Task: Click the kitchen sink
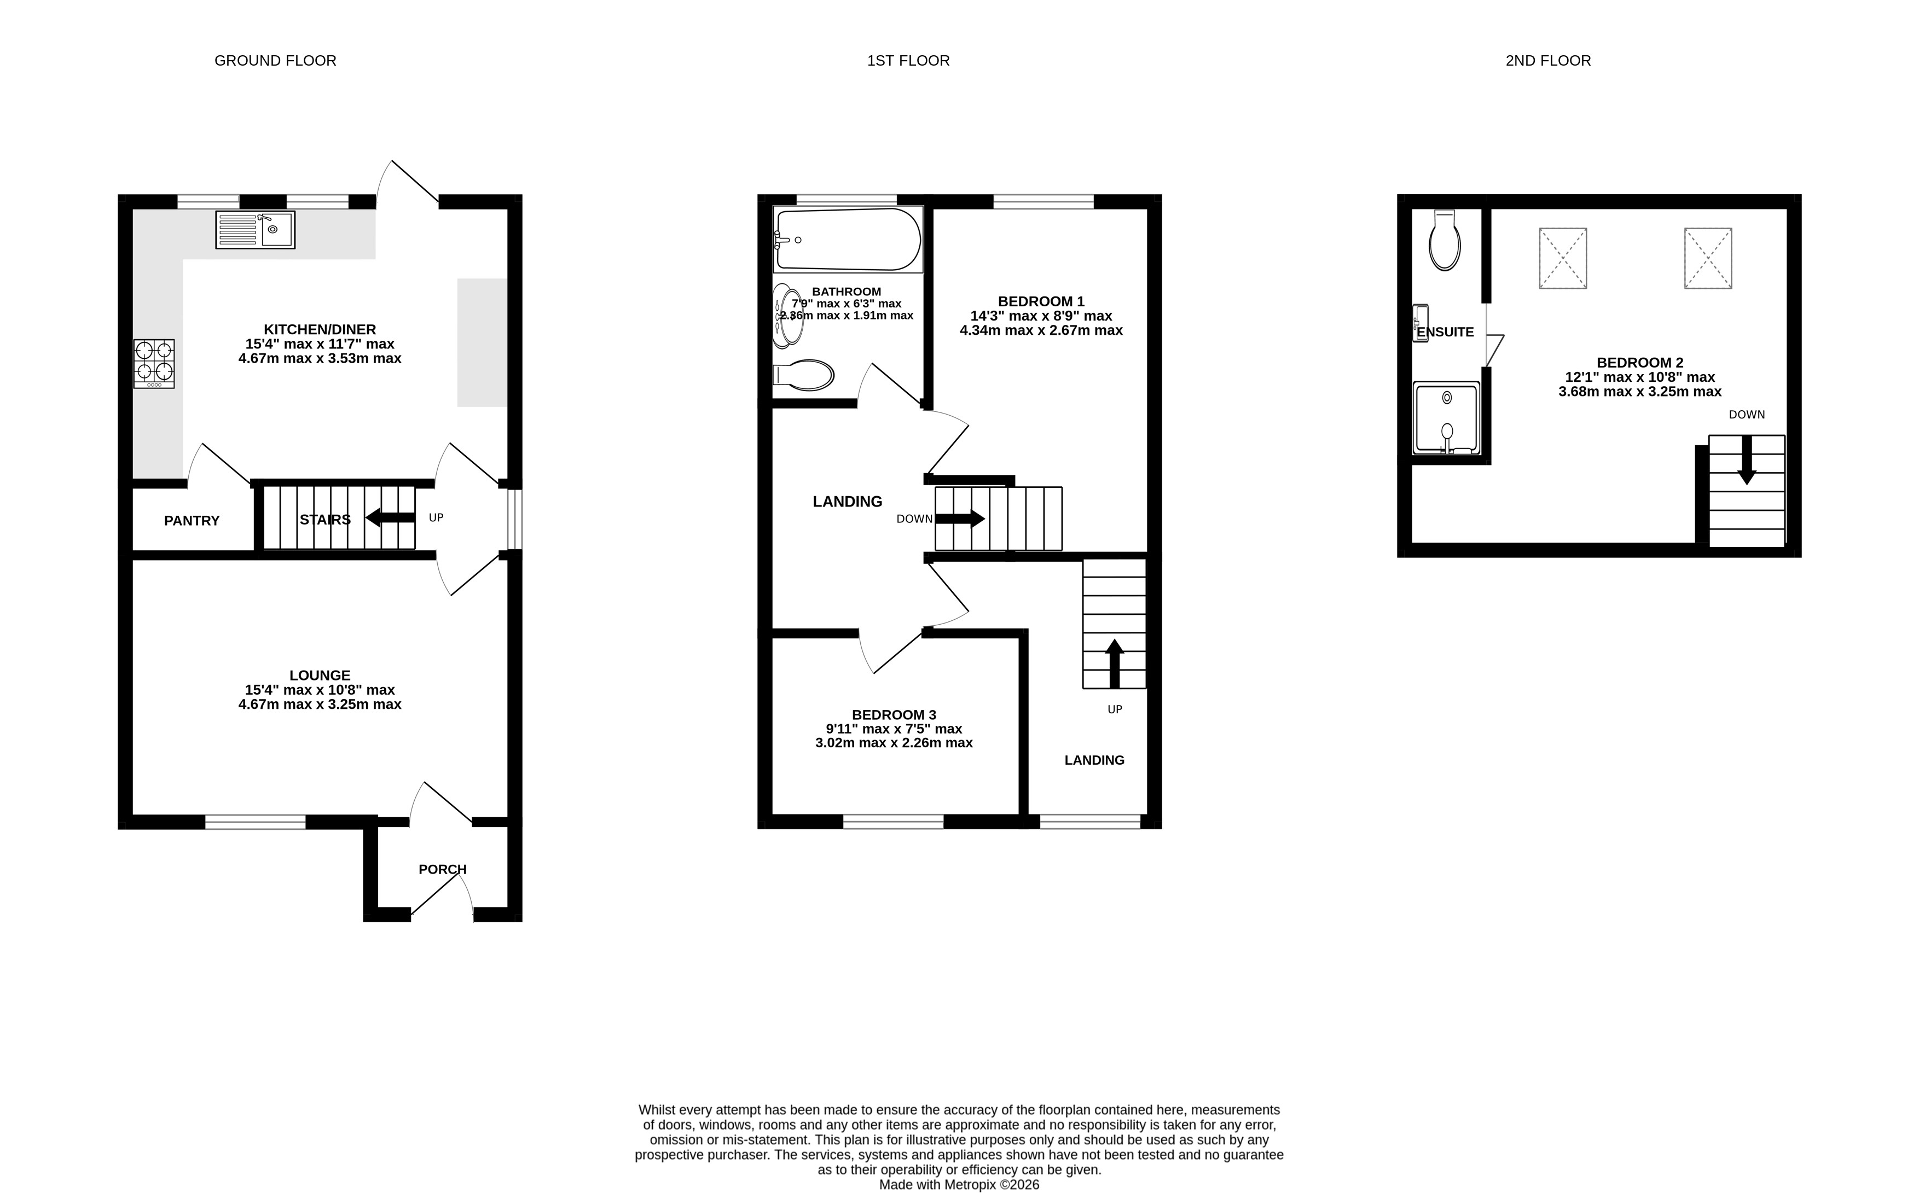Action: point(255,230)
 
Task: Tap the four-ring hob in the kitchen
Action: point(154,363)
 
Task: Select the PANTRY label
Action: point(192,521)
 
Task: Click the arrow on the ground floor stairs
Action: point(390,517)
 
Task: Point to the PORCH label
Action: point(443,870)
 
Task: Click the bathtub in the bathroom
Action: point(848,239)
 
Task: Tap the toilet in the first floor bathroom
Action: point(803,376)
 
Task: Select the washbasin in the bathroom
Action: point(787,316)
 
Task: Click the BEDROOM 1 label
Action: point(1041,301)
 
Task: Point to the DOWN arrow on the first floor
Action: point(960,519)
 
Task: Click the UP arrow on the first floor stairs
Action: point(1114,664)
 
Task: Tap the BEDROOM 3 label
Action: point(894,715)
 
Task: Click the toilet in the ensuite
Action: point(1445,240)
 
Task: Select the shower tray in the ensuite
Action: point(1446,418)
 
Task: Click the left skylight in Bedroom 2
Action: point(1563,259)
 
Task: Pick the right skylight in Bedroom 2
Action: point(1708,259)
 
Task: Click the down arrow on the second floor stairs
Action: point(1747,460)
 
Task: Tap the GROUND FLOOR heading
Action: point(275,61)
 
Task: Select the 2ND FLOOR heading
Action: point(1548,61)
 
